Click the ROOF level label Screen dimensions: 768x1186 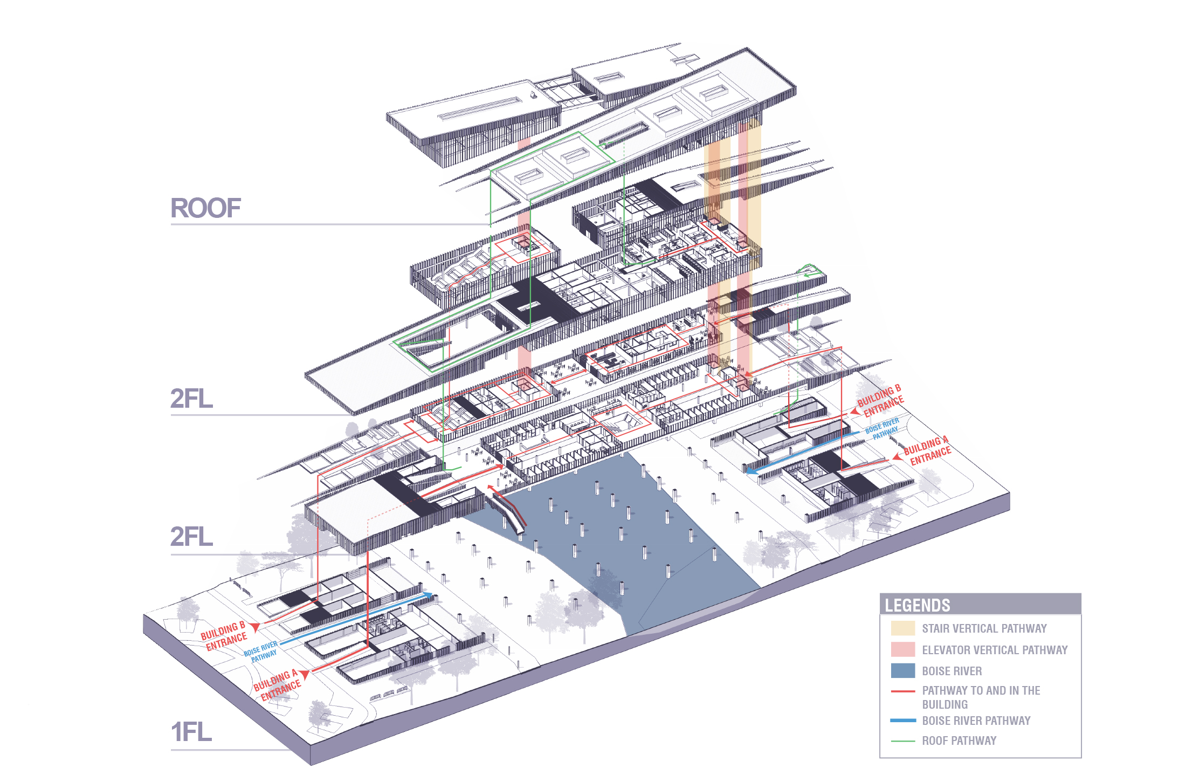[205, 208]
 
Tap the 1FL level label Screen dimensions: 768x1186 [191, 732]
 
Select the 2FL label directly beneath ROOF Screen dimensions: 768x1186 [191, 399]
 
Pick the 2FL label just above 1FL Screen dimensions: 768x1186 [191, 537]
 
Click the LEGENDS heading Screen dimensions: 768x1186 [918, 605]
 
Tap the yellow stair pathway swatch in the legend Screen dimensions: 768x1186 [902, 628]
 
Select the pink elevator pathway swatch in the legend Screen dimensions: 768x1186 [902, 649]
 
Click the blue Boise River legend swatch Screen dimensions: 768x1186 [902, 670]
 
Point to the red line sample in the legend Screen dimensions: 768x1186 [902, 691]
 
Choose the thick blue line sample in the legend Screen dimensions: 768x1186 [902, 720]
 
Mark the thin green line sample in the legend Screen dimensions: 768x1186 [902, 741]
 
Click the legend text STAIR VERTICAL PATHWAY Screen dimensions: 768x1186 [984, 628]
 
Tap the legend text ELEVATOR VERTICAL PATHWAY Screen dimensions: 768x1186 [994, 650]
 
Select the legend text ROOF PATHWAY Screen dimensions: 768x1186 [959, 740]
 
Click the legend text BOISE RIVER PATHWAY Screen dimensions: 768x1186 [976, 721]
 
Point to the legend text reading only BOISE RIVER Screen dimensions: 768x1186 [951, 671]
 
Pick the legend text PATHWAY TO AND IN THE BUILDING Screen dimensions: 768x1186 [981, 697]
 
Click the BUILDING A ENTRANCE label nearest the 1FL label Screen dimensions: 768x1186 [277, 685]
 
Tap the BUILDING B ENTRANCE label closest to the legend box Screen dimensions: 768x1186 [880, 400]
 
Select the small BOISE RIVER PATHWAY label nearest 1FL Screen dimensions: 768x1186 [261, 652]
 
